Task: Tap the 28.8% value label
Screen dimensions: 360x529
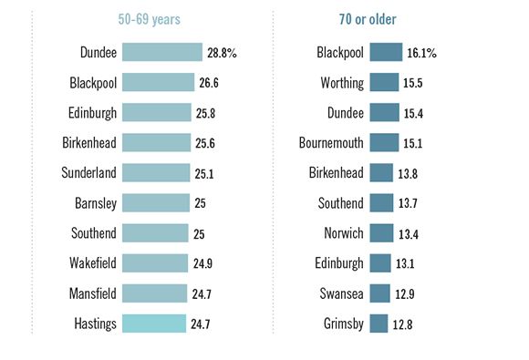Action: [222, 54]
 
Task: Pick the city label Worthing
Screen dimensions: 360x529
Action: [337, 83]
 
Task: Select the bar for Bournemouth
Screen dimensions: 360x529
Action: [384, 143]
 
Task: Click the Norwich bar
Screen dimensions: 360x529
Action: [381, 233]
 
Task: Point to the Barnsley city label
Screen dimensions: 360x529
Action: [95, 203]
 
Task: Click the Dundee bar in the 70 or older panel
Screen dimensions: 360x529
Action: [384, 113]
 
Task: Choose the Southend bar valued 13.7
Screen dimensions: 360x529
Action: [382, 203]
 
